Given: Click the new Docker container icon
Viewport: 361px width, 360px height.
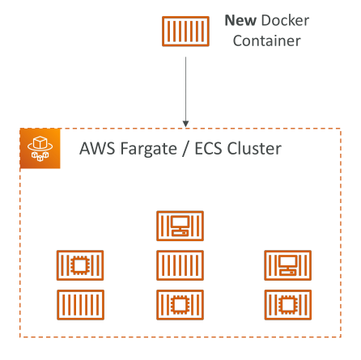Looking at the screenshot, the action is tap(185, 32).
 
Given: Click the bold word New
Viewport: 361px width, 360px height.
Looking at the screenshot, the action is tap(240, 20).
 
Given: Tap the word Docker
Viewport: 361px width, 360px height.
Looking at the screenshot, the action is tap(285, 20).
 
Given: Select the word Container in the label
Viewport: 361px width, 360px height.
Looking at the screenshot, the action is tap(267, 41).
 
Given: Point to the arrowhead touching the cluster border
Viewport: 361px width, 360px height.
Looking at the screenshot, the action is tap(185, 124).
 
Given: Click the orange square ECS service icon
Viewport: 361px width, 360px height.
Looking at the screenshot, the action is tap(40, 149).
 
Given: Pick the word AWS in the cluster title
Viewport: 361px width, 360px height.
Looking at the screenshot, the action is tap(97, 149).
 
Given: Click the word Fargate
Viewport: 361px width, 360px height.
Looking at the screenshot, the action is tap(149, 150).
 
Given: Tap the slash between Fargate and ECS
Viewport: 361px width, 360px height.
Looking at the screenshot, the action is tap(185, 149).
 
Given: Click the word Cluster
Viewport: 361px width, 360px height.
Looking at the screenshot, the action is tap(254, 149).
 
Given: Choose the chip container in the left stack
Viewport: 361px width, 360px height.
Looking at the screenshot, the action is tap(80, 265).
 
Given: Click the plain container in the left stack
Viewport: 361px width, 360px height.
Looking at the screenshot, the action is tap(80, 305).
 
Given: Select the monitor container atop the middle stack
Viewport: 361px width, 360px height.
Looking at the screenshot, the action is tap(180, 226).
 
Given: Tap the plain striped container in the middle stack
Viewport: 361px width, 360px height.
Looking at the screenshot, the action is tap(180, 265).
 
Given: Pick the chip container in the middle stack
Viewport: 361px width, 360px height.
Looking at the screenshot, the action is tap(180, 305).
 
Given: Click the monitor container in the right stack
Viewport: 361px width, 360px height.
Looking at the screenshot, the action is tap(288, 265).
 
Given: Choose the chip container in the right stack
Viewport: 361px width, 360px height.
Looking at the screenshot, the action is tap(288, 305).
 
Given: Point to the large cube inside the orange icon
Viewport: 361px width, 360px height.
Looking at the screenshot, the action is tap(40, 142).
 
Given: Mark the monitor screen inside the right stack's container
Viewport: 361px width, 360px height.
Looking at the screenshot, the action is tap(288, 261).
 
